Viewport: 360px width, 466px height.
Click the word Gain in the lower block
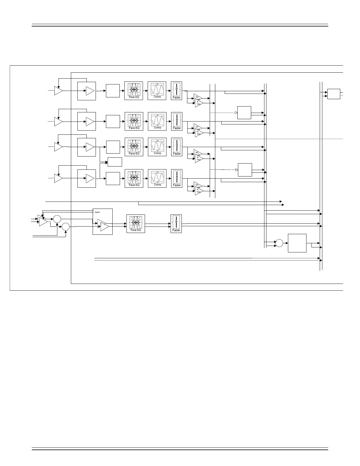[x=97, y=212]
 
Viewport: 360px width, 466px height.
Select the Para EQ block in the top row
[x=134, y=91]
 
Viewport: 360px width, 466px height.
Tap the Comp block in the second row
[x=157, y=121]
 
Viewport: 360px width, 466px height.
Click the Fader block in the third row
[x=176, y=147]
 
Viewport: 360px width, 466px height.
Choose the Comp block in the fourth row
[x=157, y=178]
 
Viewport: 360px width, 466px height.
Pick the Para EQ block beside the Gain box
[x=136, y=224]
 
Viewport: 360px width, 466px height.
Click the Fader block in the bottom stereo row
[x=176, y=224]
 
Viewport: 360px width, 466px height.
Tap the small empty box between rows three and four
[x=115, y=162]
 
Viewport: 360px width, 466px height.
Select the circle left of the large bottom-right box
[x=279, y=243]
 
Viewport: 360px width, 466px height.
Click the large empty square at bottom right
[x=297, y=243]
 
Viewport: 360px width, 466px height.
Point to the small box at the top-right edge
[x=334, y=94]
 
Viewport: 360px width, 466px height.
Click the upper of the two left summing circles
[x=57, y=219]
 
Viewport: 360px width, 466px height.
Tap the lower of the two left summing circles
[x=65, y=227]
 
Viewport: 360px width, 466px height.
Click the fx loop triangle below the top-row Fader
[x=199, y=103]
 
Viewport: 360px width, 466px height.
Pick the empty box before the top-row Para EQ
[x=113, y=91]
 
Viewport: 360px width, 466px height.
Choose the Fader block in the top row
[x=176, y=91]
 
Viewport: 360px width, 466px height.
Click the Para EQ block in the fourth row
[x=134, y=178]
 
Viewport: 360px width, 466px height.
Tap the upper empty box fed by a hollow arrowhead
[x=244, y=113]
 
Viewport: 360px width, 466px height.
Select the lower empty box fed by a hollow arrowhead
[x=245, y=170]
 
